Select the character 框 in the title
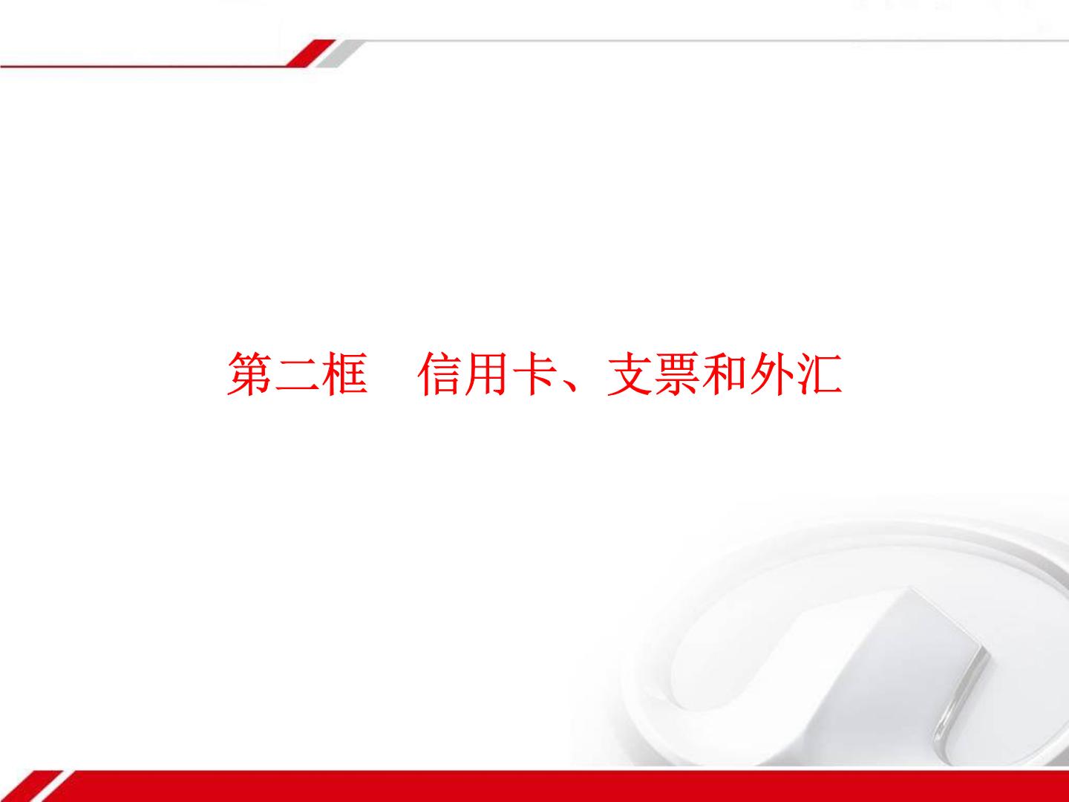(344, 374)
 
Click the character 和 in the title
(725, 374)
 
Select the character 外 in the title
(772, 374)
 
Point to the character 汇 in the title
(820, 374)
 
